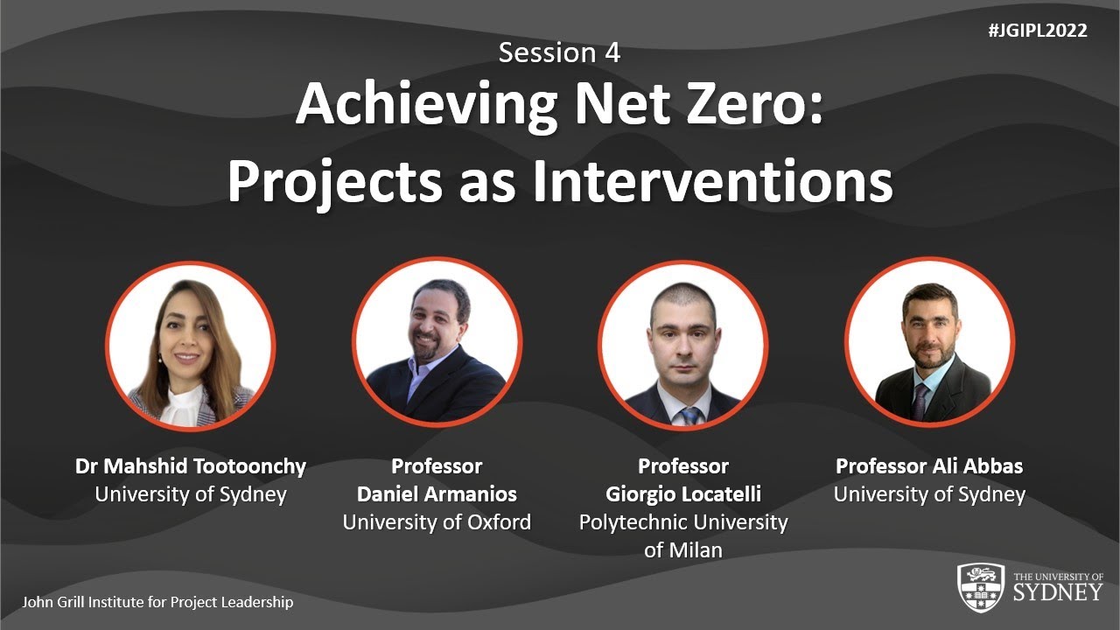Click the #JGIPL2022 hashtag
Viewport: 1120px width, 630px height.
(x=1037, y=31)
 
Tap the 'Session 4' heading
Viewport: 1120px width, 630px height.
(x=559, y=52)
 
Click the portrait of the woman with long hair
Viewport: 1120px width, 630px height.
(x=191, y=344)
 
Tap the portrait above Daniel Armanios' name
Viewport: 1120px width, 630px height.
(x=437, y=344)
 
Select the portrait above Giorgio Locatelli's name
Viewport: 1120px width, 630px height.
(x=682, y=344)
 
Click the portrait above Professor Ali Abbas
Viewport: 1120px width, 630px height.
(x=929, y=344)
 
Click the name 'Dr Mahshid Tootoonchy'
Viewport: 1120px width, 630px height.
(x=191, y=466)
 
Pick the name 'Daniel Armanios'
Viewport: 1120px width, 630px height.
(x=437, y=494)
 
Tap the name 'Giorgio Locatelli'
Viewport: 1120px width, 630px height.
(x=682, y=494)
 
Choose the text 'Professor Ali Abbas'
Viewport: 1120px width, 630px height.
(x=929, y=466)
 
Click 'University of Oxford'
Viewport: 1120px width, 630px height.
(x=437, y=522)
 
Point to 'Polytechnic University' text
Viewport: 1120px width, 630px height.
(x=682, y=522)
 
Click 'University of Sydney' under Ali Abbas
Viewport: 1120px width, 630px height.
(x=929, y=494)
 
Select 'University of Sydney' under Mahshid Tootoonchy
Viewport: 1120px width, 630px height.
(x=191, y=494)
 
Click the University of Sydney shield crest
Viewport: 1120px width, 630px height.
(x=980, y=587)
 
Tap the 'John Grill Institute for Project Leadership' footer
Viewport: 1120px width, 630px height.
(x=157, y=602)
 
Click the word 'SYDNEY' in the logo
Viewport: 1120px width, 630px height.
(x=1058, y=592)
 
